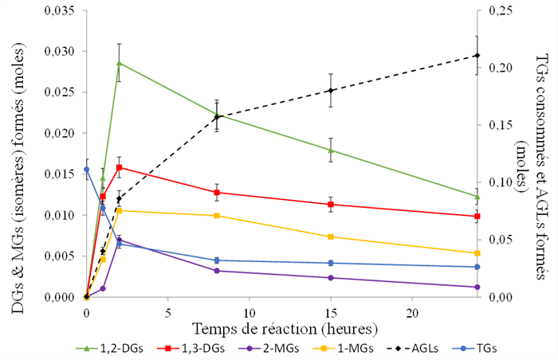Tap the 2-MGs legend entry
click(265, 348)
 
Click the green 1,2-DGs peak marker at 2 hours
click(119, 63)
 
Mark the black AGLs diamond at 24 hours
click(477, 55)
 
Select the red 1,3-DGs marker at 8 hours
click(217, 192)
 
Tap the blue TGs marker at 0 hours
click(86, 169)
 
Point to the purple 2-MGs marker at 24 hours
click(477, 287)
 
